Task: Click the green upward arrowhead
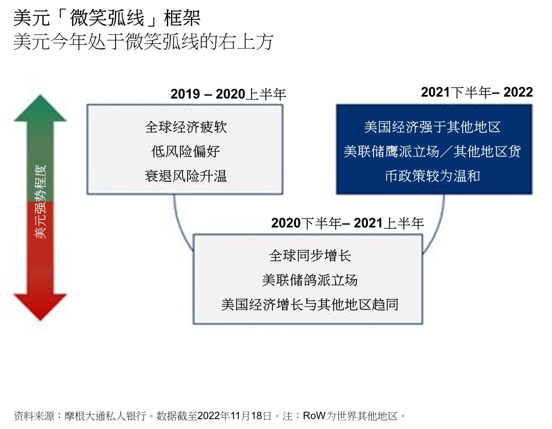40,108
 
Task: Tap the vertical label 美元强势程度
40,202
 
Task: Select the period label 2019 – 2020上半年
228,94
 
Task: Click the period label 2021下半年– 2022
477,92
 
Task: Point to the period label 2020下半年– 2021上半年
348,223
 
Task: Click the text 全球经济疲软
186,127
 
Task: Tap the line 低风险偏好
186,152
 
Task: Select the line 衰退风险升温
186,176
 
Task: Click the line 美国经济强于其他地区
432,127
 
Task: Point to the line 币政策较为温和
432,176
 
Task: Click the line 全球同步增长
310,256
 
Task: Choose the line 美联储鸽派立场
310,280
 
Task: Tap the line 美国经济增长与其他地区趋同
310,304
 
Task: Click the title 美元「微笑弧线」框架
107,18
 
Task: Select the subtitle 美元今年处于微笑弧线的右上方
143,42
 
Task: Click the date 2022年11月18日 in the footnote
235,416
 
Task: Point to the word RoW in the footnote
314,416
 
